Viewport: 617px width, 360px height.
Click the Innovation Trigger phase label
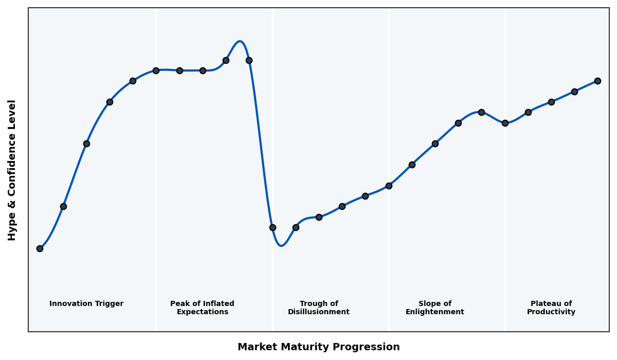[86, 304]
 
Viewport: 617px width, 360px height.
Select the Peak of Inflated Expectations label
[202, 308]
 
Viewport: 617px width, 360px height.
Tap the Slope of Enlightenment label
[434, 308]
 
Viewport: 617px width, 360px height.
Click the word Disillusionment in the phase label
[318, 312]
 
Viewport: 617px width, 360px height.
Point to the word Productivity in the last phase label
[551, 312]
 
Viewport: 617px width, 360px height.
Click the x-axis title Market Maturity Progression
[318, 347]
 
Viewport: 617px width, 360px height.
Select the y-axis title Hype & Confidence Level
[12, 170]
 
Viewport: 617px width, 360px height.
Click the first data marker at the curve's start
[40, 248]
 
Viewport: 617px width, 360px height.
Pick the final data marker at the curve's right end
[597, 81]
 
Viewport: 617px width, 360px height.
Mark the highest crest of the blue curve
[240, 41]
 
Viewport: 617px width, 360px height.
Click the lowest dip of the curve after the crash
[281, 246]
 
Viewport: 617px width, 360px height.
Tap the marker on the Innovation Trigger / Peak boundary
[156, 70]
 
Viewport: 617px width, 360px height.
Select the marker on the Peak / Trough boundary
[273, 227]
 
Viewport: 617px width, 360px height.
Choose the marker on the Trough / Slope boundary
[389, 186]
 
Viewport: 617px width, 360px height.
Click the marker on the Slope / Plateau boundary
[505, 123]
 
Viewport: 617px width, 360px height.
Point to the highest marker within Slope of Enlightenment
[481, 112]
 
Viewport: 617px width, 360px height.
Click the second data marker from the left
[63, 206]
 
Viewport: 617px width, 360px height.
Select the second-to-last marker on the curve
[574, 92]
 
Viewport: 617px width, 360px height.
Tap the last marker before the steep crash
[249, 60]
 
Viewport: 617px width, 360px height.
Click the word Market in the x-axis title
[256, 347]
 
